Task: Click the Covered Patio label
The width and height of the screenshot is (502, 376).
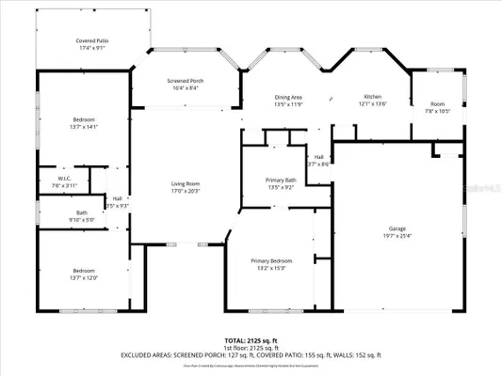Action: click(x=91, y=40)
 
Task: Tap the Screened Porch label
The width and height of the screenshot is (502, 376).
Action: click(x=185, y=81)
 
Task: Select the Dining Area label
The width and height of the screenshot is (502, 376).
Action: click(x=289, y=97)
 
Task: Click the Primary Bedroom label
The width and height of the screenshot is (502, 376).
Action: click(x=271, y=259)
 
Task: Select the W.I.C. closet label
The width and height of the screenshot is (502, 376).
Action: click(x=64, y=179)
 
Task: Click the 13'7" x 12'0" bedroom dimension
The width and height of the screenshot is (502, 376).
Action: click(x=83, y=278)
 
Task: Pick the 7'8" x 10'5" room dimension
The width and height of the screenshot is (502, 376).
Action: click(x=438, y=111)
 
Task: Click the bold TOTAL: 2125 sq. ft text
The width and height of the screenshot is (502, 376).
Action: click(x=251, y=340)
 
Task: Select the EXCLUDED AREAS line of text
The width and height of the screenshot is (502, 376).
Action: click(x=251, y=355)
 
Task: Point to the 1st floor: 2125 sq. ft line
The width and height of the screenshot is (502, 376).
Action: click(x=251, y=348)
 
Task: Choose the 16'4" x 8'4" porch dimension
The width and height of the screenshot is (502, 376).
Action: click(x=185, y=88)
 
